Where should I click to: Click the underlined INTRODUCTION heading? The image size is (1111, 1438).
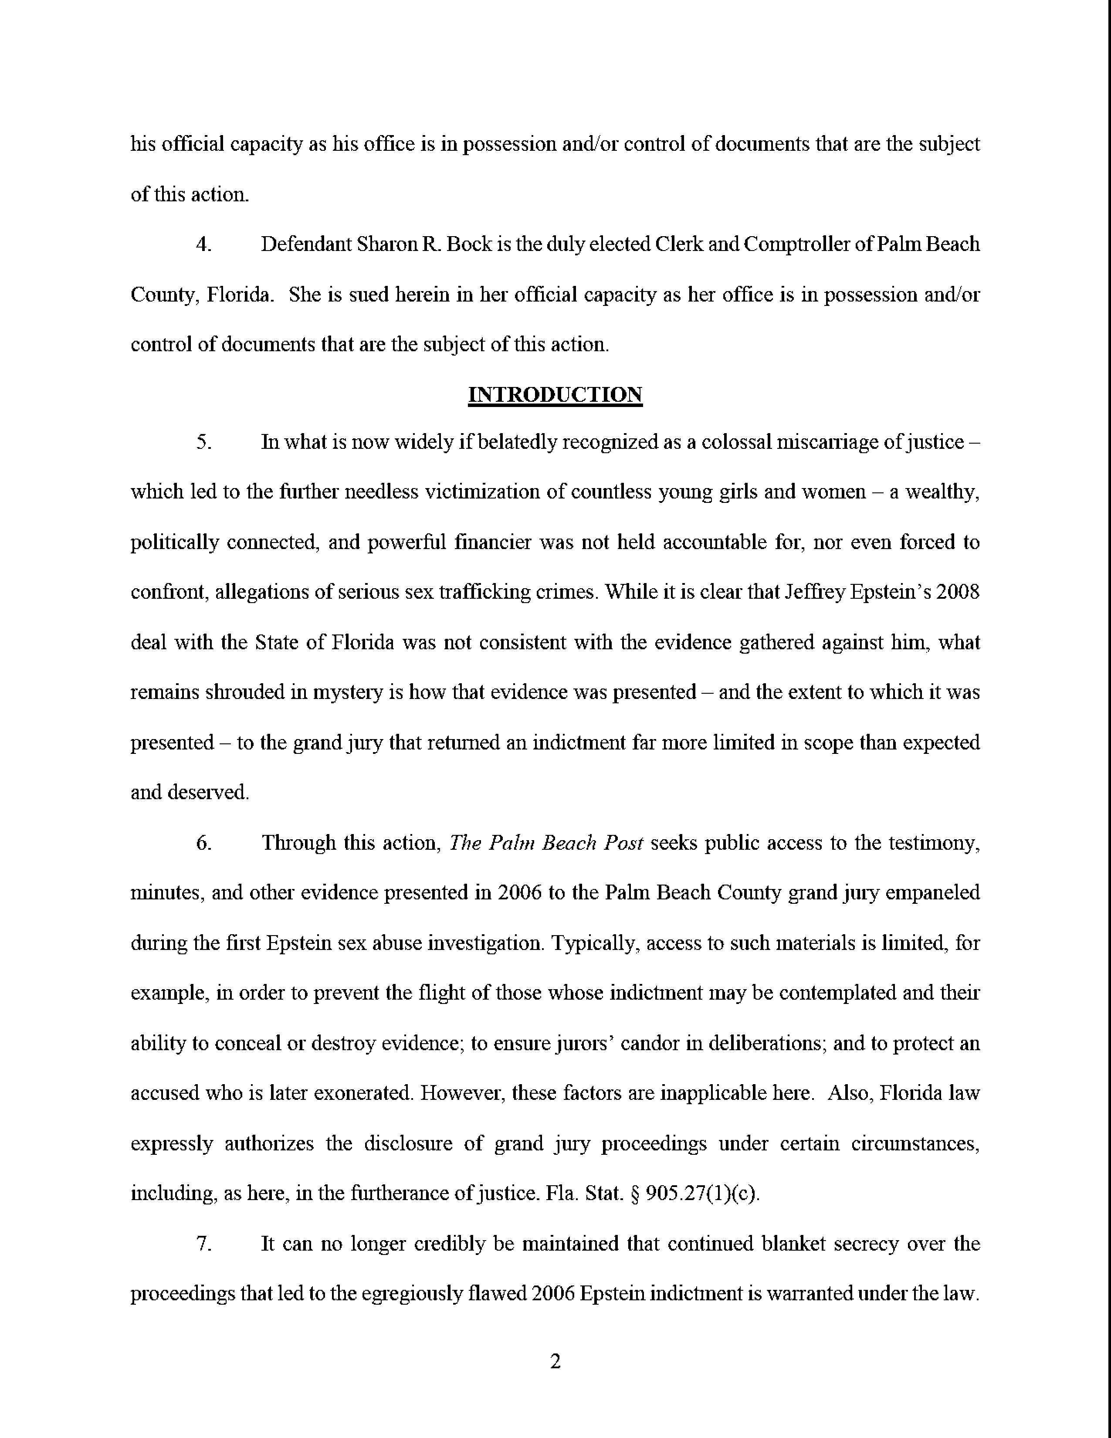555,394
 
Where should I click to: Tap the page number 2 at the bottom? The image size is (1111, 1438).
555,1362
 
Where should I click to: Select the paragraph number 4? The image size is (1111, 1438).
204,244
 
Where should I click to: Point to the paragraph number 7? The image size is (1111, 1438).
204,1244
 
